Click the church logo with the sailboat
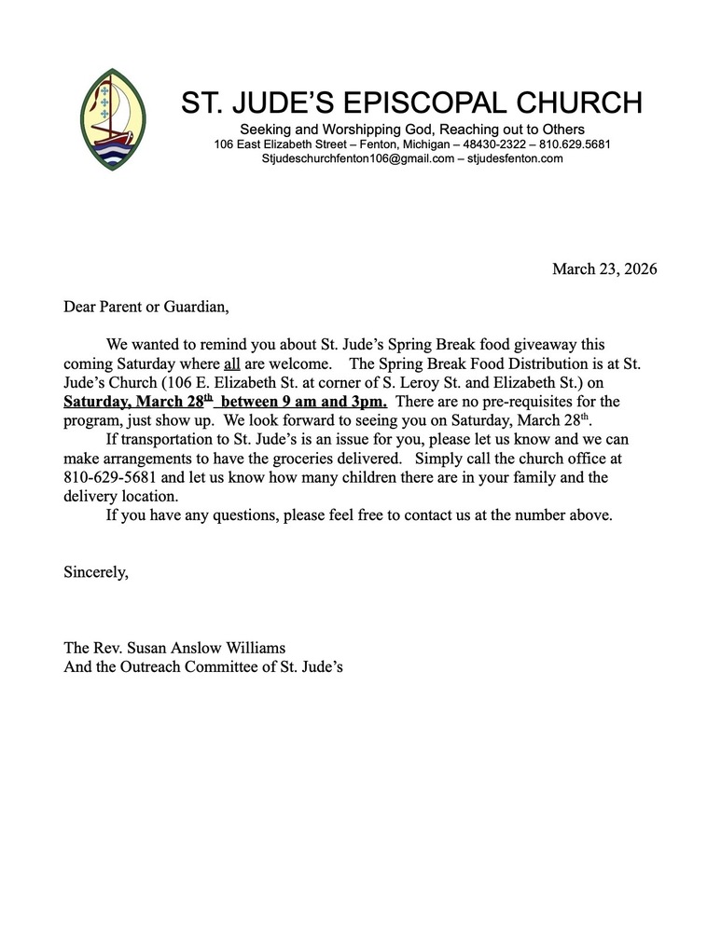pos(113,118)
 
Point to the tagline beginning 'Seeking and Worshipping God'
pos(411,129)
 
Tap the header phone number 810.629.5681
pos(575,144)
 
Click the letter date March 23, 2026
pos(604,269)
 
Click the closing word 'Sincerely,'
pos(96,572)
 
